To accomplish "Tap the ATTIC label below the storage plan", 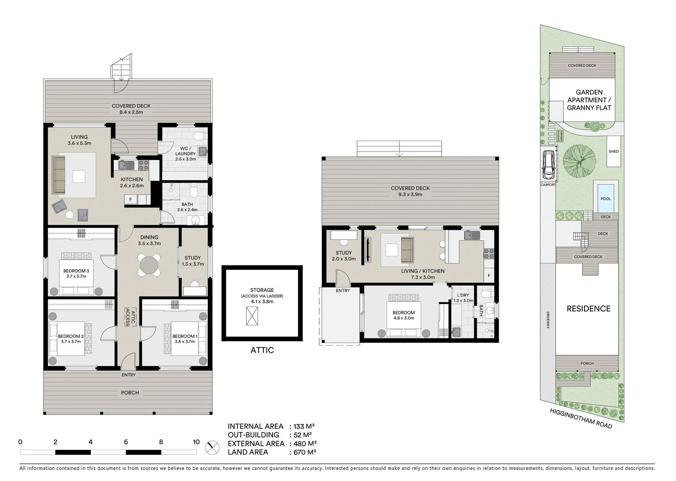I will [x=262, y=350].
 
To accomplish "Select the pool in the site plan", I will [x=605, y=198].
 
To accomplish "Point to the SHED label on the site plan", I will [x=614, y=151].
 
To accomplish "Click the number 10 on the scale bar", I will [x=196, y=442].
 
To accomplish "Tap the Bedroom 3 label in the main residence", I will [x=76, y=271].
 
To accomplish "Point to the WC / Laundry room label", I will [x=185, y=151].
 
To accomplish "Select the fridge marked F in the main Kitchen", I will [x=131, y=200].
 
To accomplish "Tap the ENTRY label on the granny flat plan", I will [x=342, y=290].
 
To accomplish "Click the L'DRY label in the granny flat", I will [x=463, y=295].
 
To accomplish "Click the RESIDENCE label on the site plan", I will [x=588, y=309].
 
